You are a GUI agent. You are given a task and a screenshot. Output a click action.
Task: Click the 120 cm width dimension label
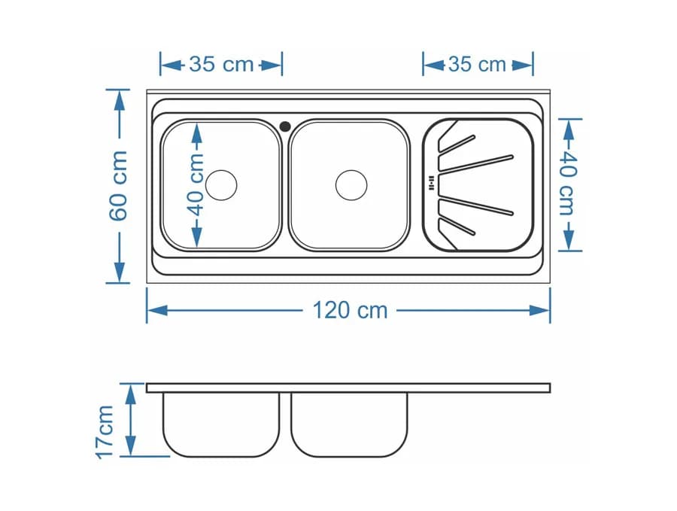click(350, 310)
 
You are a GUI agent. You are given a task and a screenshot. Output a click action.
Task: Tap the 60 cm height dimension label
click(118, 186)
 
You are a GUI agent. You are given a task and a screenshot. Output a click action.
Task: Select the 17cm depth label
click(105, 431)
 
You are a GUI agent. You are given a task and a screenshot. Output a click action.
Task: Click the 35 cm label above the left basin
click(221, 65)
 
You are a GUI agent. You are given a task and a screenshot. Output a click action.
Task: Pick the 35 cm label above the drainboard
click(477, 65)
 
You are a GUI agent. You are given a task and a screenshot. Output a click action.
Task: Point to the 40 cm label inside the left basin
click(196, 184)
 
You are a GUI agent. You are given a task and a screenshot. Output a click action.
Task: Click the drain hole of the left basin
click(221, 184)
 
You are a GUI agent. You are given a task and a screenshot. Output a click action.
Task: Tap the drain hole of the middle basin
click(351, 184)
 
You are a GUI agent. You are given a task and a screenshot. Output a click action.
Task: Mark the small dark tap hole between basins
click(285, 126)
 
